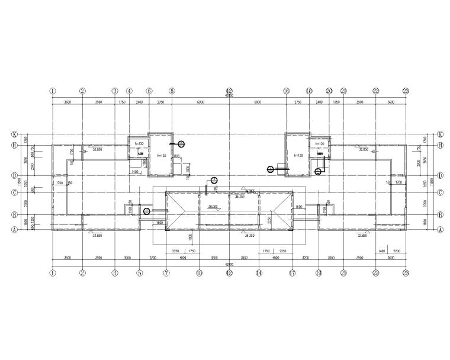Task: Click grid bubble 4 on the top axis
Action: point(129,91)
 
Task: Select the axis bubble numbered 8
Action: point(172,91)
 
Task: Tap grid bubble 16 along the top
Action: point(286,91)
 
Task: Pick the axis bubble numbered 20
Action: point(329,91)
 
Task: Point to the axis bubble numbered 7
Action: point(166,273)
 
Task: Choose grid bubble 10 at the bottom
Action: point(200,273)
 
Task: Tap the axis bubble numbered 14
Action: point(259,273)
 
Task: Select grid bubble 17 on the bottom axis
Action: point(292,273)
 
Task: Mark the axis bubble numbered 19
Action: point(319,273)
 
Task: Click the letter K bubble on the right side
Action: point(440,134)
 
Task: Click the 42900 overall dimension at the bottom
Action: point(229,264)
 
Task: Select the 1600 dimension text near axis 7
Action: point(160,221)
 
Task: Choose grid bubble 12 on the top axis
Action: point(229,91)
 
